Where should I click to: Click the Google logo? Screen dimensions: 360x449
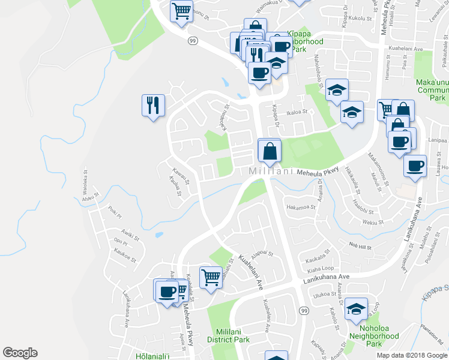click(20, 353)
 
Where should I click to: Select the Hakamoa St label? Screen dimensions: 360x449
click(301, 207)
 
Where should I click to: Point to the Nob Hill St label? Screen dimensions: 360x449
click(362, 247)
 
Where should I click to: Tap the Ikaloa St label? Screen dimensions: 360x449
click(297, 112)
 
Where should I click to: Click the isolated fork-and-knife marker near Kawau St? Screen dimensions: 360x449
click(152, 106)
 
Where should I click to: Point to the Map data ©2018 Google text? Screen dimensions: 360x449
click(411, 355)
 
